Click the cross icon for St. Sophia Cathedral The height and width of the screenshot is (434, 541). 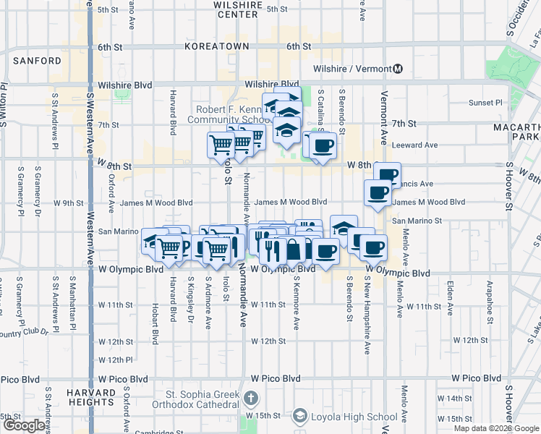[250, 399]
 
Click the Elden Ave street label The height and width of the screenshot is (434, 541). [450, 295]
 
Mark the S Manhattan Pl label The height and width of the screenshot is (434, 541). [73, 299]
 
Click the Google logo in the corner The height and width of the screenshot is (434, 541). [25, 425]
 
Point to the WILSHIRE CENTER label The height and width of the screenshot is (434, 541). [237, 9]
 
